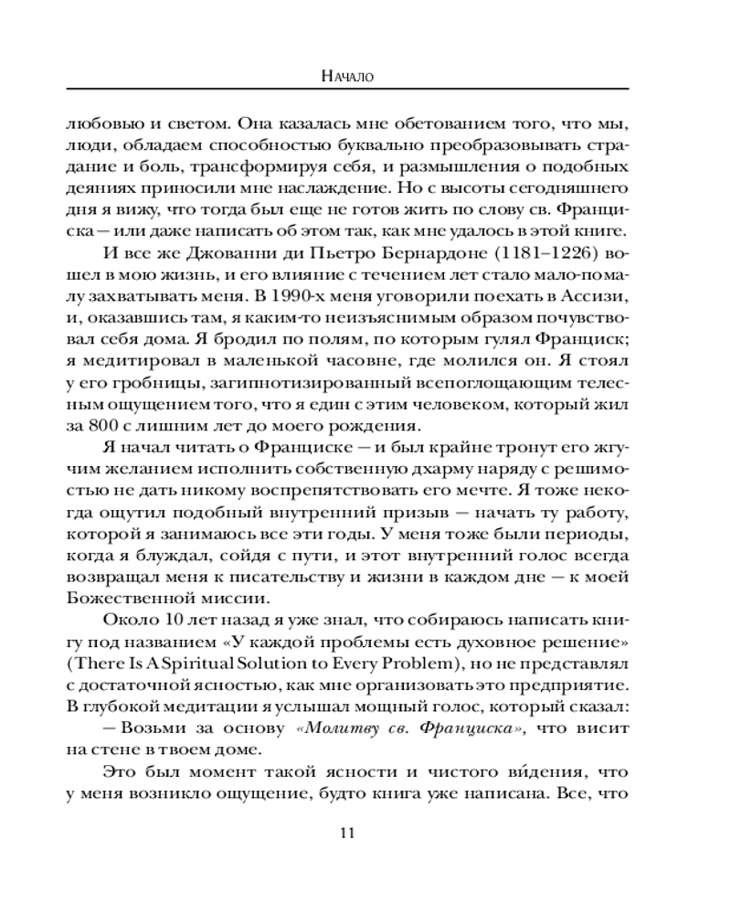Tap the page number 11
tap(346, 832)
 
